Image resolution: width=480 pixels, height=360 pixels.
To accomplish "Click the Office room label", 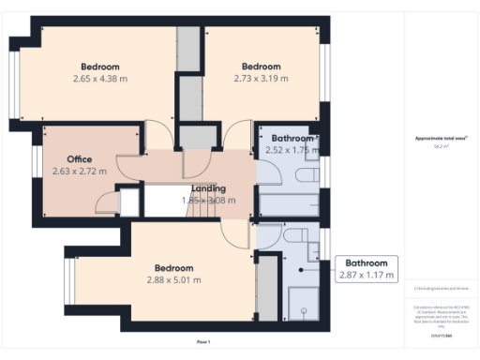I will click(79, 159).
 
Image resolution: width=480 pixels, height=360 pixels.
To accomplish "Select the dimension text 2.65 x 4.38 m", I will click(100, 79).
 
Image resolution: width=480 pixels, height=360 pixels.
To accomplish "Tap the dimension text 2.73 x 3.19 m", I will click(261, 79).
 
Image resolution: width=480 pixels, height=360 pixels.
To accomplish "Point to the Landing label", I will click(208, 188).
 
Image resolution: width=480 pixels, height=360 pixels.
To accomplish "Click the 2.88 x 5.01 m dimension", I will click(173, 279).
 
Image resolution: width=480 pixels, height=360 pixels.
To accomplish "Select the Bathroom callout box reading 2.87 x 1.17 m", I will click(367, 269).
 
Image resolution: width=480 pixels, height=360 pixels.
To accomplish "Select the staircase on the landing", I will click(165, 199).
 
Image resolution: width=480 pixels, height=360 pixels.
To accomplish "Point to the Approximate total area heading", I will click(442, 139).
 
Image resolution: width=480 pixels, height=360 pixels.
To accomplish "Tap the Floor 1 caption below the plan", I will click(203, 340).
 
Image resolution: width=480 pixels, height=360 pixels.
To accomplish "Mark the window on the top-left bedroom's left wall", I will click(12, 84).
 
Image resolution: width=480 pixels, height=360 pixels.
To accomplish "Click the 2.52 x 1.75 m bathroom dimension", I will click(288, 150).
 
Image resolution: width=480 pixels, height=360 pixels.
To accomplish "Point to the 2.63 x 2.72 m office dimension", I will click(79, 172).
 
